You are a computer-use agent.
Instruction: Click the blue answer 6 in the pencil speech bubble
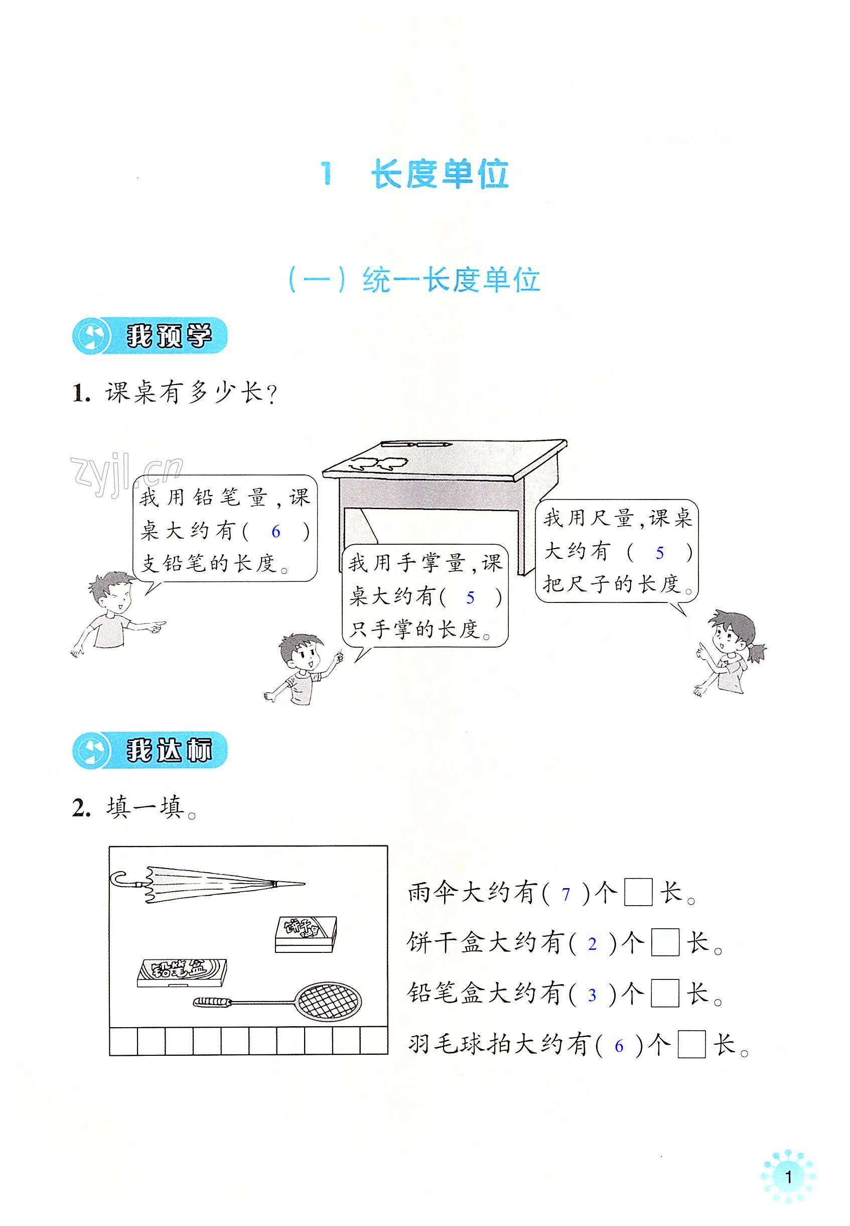tap(275, 531)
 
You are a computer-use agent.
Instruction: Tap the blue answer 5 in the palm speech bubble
tap(470, 597)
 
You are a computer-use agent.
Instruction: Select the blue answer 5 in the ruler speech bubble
tap(659, 553)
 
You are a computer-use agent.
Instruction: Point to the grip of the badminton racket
tap(212, 1005)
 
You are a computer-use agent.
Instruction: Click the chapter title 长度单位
tap(440, 174)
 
